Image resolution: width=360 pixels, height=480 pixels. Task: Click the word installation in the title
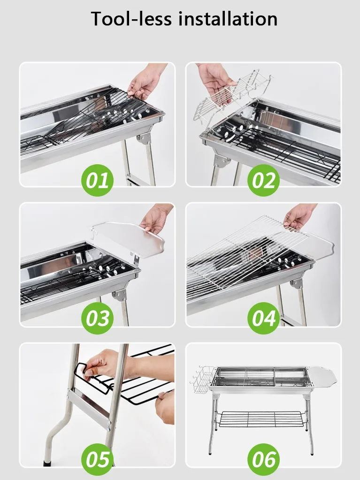click(x=225, y=19)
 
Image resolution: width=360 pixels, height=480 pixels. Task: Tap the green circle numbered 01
click(x=98, y=179)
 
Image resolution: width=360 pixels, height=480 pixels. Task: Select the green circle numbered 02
click(x=264, y=179)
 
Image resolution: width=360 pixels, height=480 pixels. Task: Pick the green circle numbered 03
click(x=98, y=318)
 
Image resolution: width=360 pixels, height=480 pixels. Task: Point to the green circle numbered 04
click(x=264, y=318)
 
